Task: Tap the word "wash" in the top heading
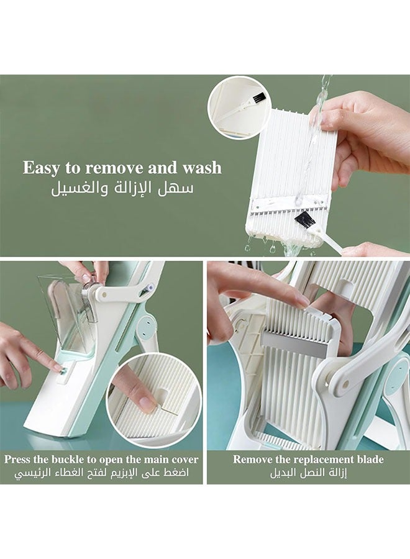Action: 202,168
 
